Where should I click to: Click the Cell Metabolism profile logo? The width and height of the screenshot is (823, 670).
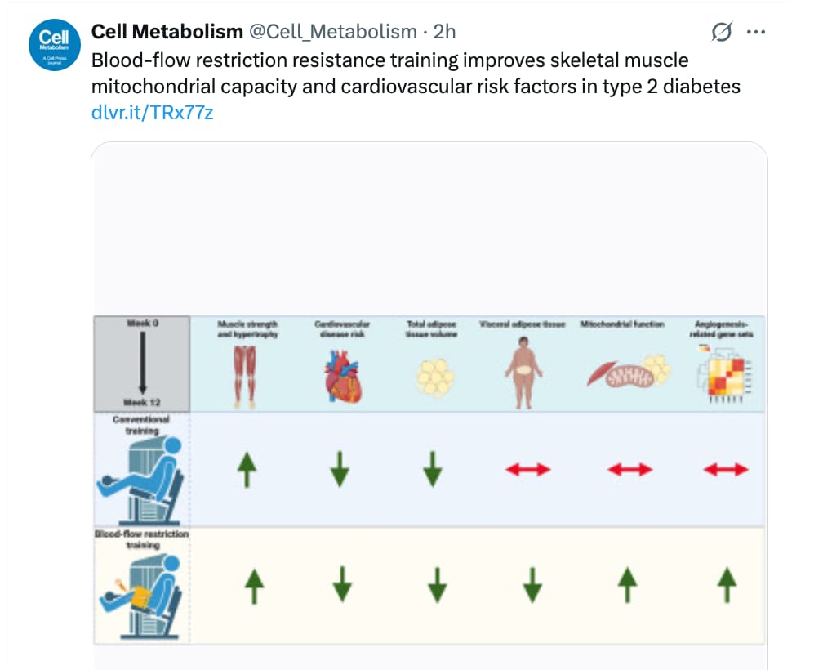tap(53, 47)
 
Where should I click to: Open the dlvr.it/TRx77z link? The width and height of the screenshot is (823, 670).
tap(153, 112)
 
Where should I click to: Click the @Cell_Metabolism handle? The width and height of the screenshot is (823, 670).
tap(332, 32)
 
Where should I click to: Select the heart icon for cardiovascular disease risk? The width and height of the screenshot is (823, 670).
tap(341, 377)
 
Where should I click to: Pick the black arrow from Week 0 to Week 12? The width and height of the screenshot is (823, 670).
tap(142, 360)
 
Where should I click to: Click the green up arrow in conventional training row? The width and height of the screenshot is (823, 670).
tap(246, 468)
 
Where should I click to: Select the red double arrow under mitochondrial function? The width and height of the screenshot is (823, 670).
tap(630, 469)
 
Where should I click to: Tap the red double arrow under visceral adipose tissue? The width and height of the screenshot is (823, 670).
tap(529, 469)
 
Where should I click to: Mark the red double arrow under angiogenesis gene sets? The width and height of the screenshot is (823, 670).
tap(725, 469)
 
